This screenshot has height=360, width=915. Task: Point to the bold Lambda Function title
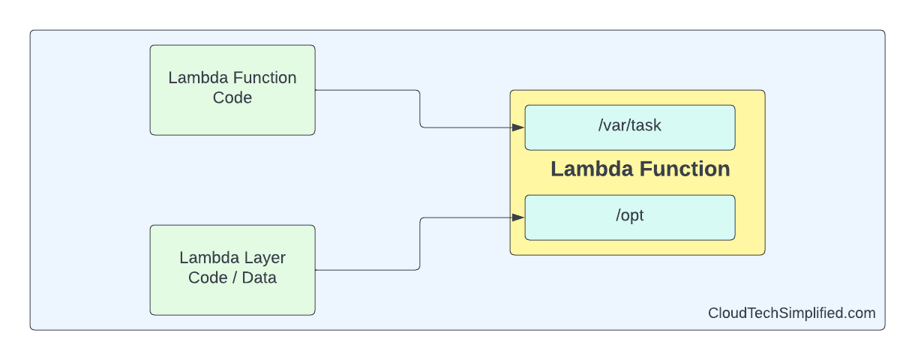(x=640, y=169)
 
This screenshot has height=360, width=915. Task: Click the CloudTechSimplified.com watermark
(x=791, y=313)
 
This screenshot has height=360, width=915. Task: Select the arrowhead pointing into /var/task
(x=518, y=127)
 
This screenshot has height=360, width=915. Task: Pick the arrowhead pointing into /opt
(x=518, y=217)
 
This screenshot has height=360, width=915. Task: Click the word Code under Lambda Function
(x=232, y=98)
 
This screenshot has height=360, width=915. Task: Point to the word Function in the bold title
(x=685, y=169)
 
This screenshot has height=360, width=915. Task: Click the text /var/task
(x=630, y=126)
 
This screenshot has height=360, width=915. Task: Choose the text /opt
(x=630, y=216)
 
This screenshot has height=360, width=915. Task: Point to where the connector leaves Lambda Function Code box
(x=316, y=90)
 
